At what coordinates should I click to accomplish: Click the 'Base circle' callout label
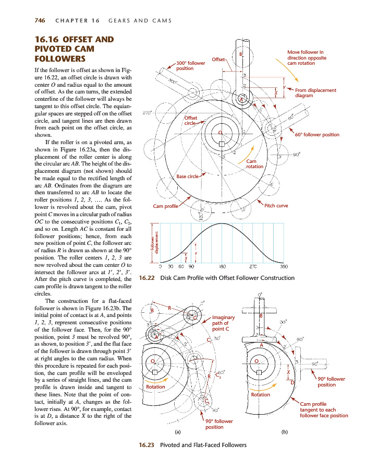coord(188,177)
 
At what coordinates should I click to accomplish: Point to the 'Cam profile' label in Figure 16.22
coord(165,206)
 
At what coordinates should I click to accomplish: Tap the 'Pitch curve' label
coord(276,206)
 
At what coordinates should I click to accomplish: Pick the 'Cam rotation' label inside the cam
coord(255,164)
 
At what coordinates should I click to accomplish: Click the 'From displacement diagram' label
coord(315,93)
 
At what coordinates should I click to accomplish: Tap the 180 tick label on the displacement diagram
coord(222,266)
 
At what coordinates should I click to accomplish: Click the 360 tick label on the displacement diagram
coord(284,266)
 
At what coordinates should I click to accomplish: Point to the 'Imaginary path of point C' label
coord(224,323)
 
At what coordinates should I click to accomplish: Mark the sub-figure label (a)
coord(178,432)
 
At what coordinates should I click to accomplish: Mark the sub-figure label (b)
coord(284,432)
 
